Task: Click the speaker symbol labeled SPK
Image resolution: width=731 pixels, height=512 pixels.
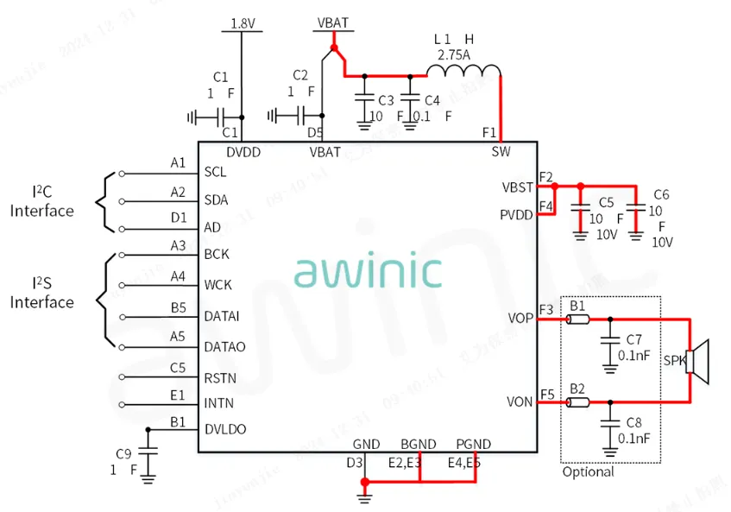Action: pos(698,361)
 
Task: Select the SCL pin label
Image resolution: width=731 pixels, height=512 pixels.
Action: pos(216,172)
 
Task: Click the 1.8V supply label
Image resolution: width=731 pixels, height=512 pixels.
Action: pos(243,24)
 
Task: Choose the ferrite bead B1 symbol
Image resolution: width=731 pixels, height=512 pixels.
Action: pos(577,320)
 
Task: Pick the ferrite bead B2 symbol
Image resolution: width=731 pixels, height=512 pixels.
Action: pos(577,402)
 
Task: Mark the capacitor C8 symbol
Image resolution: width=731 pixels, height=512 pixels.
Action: pos(611,424)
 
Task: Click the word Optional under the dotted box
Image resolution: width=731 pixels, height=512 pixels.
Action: pos(588,472)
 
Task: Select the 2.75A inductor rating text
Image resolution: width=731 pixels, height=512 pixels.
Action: pos(454,54)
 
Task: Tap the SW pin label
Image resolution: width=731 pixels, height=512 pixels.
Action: pos(501,152)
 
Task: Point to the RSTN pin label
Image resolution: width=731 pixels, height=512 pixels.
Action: pos(219,377)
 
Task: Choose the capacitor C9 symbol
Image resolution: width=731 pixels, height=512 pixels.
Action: pos(148,451)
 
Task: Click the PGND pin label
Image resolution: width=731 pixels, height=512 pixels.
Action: pos(473,445)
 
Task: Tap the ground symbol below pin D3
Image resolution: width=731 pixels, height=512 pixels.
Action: pos(364,495)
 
